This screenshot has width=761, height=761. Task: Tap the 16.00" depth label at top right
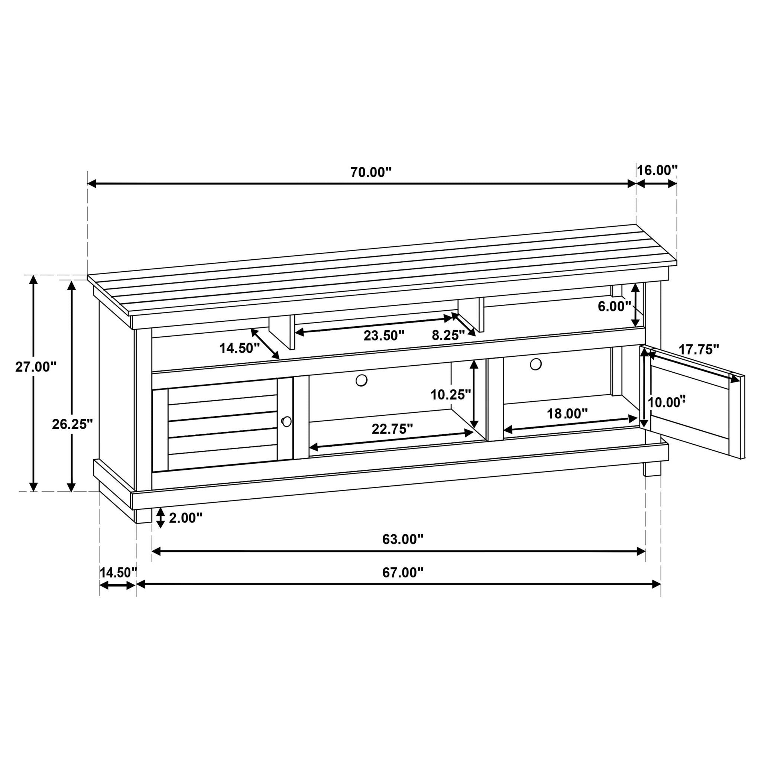(657, 170)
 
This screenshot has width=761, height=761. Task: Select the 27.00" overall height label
(36, 367)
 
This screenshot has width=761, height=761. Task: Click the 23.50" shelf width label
(383, 336)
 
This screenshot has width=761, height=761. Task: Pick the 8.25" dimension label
(448, 335)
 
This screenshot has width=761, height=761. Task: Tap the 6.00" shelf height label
(615, 306)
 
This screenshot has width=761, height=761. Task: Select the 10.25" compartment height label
(451, 394)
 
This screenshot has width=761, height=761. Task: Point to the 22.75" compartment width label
(392, 428)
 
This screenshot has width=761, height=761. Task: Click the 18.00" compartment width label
(567, 414)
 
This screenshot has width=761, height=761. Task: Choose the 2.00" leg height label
(185, 518)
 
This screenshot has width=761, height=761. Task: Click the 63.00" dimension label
(402, 539)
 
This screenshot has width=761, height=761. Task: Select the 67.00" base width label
(402, 573)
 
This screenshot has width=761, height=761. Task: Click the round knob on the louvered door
(287, 421)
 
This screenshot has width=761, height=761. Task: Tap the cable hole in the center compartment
(361, 380)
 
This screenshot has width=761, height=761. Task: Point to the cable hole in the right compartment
(535, 364)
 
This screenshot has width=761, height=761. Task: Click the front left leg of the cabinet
(143, 516)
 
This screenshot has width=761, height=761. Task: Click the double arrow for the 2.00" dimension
(160, 518)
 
